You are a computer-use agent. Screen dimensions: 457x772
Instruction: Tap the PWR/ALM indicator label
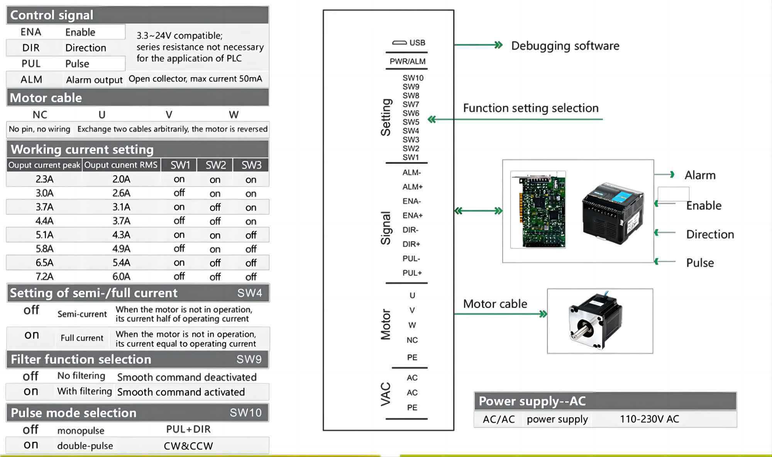click(407, 61)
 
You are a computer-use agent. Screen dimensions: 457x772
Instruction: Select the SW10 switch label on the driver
click(413, 78)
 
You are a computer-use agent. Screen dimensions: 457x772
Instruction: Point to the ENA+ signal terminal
click(412, 215)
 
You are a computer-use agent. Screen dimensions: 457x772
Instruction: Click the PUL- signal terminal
click(411, 259)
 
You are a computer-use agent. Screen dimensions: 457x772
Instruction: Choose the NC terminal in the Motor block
click(412, 340)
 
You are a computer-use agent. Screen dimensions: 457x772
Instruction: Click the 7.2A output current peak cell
click(44, 277)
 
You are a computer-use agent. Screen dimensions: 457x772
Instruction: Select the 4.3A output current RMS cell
click(121, 235)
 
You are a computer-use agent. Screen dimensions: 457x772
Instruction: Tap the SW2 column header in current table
click(215, 165)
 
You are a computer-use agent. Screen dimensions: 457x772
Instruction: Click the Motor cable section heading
click(46, 98)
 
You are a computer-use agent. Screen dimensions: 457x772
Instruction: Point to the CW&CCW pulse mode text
click(188, 446)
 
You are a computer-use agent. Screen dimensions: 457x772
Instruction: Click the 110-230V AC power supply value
click(649, 419)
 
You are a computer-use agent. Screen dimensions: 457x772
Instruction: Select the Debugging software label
click(565, 46)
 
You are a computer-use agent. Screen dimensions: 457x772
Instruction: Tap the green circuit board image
click(538, 210)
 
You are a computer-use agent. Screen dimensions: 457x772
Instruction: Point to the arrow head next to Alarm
click(672, 174)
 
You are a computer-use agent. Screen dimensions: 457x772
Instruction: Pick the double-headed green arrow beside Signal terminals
click(478, 211)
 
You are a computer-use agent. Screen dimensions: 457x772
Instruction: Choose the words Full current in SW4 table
click(82, 338)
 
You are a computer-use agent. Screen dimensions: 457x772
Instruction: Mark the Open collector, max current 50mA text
click(195, 79)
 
